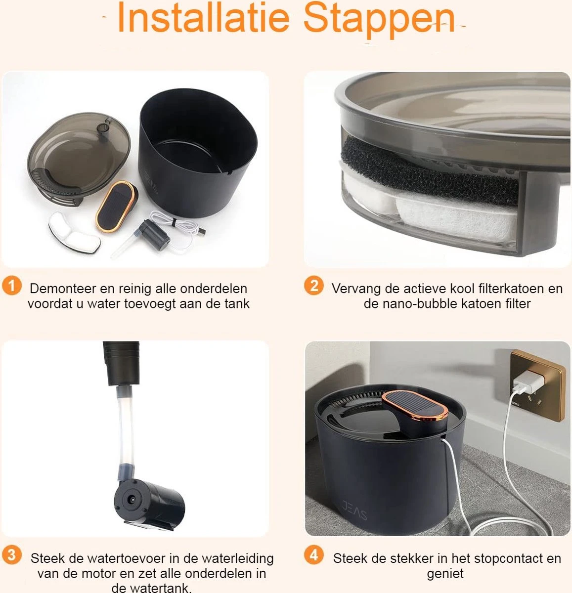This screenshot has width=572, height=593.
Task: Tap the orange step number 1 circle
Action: (x=11, y=286)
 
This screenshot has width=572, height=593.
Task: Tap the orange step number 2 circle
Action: (x=314, y=286)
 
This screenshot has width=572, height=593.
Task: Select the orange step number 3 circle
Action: (x=11, y=555)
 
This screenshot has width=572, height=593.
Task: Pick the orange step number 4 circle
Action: (x=314, y=555)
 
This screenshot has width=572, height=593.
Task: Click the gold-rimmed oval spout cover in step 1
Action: (x=117, y=206)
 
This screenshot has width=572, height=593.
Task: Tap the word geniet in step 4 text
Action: (x=445, y=574)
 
